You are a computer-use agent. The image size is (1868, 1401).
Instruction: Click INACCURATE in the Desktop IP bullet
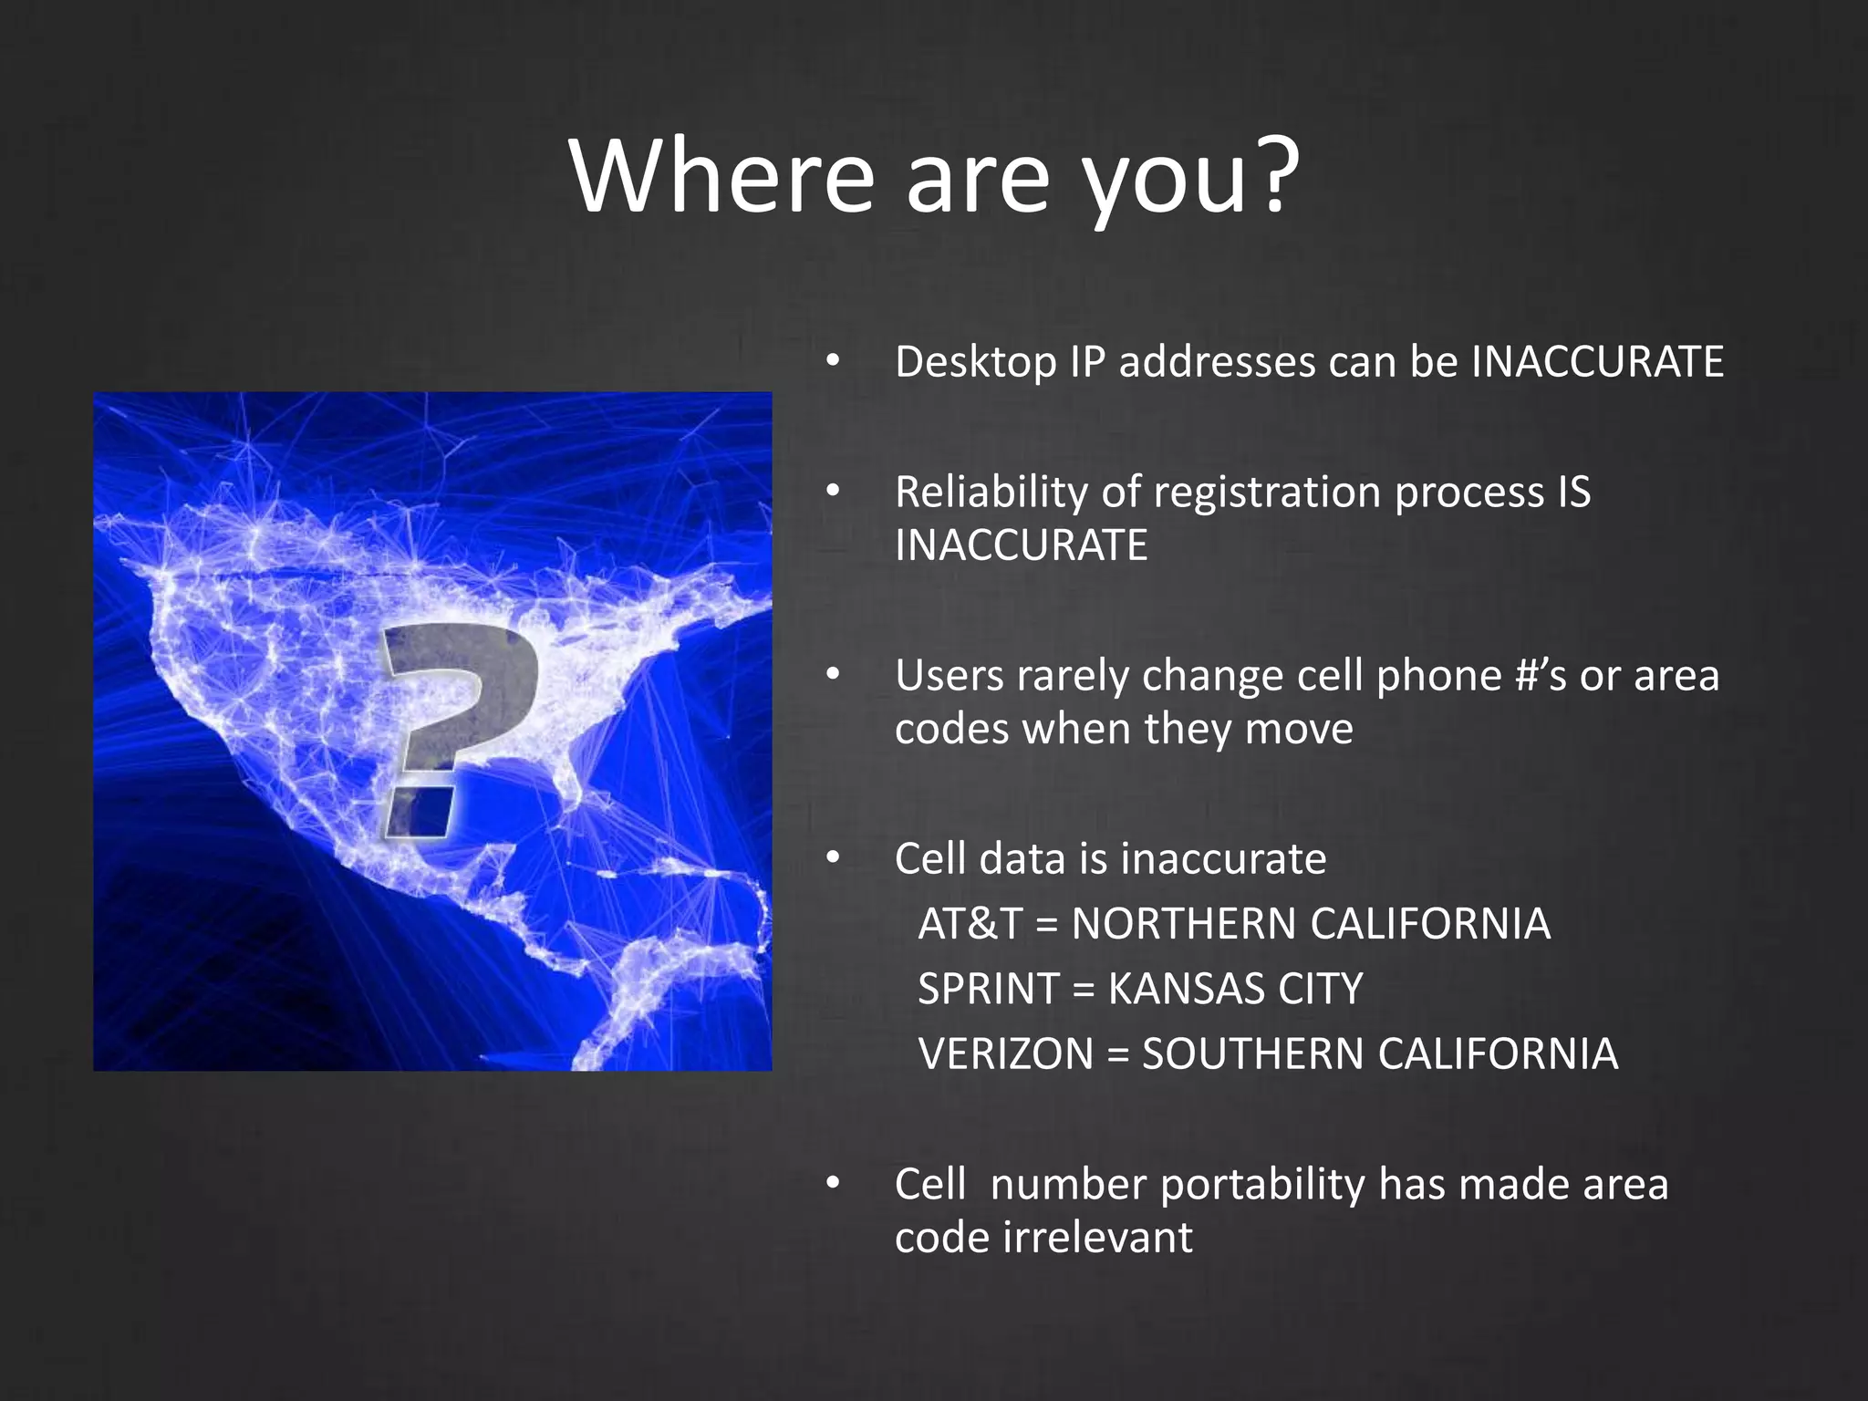coord(1597,362)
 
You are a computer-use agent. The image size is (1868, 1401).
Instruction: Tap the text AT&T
coord(970,924)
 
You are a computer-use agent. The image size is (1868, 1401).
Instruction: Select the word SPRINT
coord(987,990)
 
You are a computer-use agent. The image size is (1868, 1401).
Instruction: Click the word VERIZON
coord(1005,1054)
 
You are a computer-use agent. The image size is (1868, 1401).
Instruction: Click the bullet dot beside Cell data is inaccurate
coord(832,858)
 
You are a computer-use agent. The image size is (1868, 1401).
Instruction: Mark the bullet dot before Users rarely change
coord(832,676)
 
